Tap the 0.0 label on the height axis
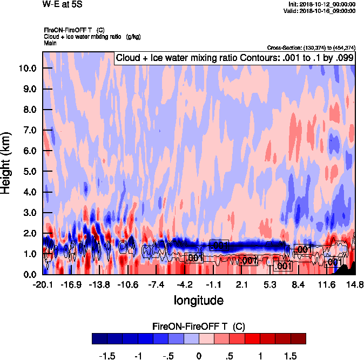(30, 274)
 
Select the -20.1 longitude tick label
(42, 284)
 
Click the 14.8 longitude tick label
(355, 284)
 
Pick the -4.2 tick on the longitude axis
(185, 284)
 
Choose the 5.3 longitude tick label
(270, 284)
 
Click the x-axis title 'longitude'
(198, 300)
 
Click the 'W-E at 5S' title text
(63, 5)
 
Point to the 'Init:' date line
(322, 4)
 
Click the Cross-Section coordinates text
(311, 47)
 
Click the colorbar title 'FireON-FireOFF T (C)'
(199, 327)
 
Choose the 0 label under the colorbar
(199, 356)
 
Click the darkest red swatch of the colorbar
(298, 339)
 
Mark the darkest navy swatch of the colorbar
(99, 339)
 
